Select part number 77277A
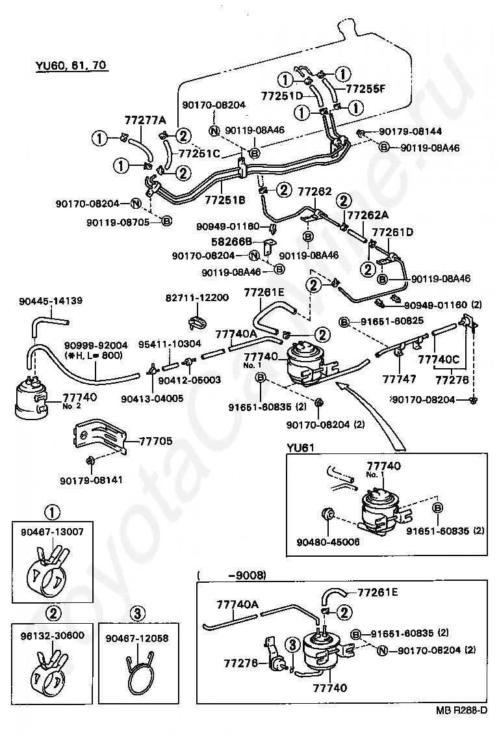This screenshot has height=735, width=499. (145, 120)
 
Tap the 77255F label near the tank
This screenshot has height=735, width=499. (366, 90)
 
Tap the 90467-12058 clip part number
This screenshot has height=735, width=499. (137, 638)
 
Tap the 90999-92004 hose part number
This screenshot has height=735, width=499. (96, 345)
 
